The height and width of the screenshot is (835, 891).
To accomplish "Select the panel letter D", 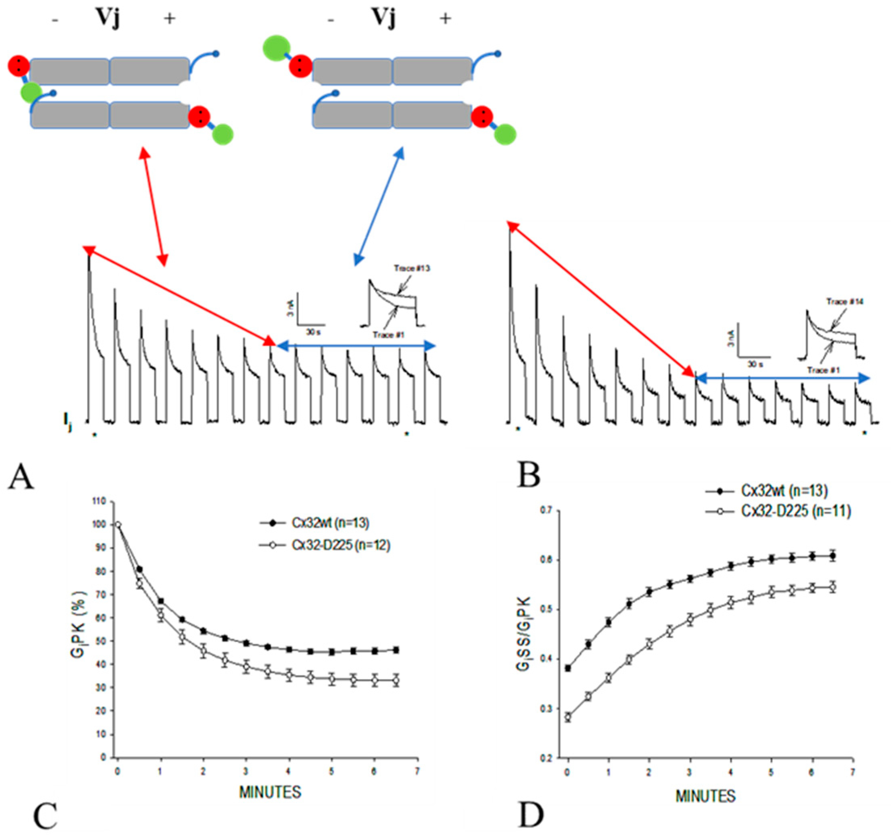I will pyautogui.click(x=531, y=814).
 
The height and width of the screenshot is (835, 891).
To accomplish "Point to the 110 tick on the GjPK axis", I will pyautogui.click(x=99, y=502).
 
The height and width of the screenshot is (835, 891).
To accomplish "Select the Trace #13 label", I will pyautogui.click(x=412, y=268).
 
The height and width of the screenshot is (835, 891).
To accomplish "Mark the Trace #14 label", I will pyautogui.click(x=844, y=302).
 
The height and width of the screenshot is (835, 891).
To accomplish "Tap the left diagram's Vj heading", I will pyautogui.click(x=107, y=18).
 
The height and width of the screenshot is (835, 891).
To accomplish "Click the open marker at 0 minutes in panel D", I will pyautogui.click(x=568, y=717).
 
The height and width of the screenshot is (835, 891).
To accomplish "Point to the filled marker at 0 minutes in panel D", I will pyautogui.click(x=568, y=668).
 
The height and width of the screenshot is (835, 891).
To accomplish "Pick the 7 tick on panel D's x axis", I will pyautogui.click(x=852, y=772).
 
